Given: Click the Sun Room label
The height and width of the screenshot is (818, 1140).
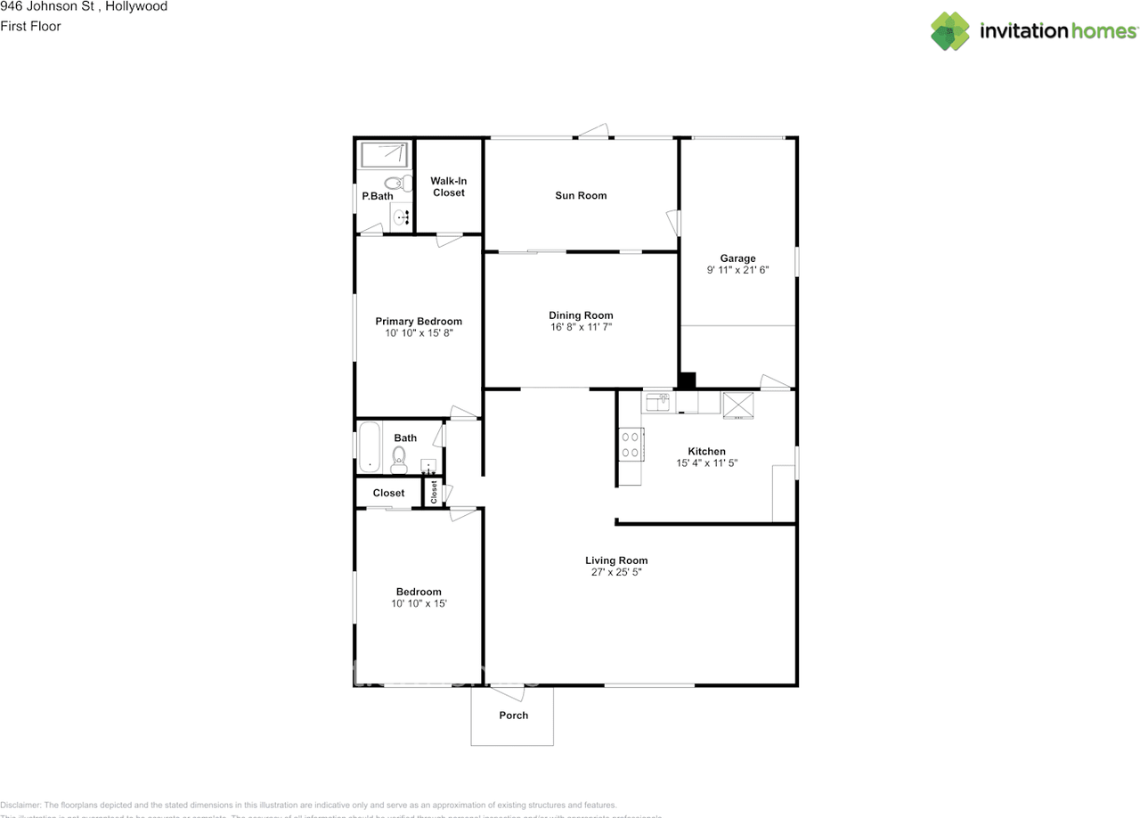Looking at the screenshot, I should [x=581, y=196].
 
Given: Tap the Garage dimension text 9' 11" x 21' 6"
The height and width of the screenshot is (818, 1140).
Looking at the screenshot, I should [x=737, y=271].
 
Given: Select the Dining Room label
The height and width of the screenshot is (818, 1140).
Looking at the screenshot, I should [x=581, y=315].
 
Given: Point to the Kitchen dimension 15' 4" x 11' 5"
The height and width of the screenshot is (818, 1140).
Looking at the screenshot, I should [x=706, y=463].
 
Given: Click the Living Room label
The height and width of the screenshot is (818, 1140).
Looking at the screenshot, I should [x=616, y=560].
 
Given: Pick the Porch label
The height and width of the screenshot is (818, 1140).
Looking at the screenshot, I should [x=513, y=716].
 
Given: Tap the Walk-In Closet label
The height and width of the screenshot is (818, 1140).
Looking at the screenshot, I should [x=449, y=187].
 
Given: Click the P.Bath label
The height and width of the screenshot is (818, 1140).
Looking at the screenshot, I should [x=378, y=196].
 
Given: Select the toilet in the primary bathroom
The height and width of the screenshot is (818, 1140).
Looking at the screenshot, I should [x=405, y=184].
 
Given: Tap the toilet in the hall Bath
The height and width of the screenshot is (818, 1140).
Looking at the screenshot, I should [x=399, y=460].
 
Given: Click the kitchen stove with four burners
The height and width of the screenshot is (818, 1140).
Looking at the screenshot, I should [x=631, y=444].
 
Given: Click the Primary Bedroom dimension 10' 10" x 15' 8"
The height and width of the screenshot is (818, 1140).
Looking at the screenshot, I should [x=419, y=333].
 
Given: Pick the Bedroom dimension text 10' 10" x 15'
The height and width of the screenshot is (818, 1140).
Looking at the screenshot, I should [x=419, y=604].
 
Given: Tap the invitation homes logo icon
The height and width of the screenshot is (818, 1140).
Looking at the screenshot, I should [x=951, y=30].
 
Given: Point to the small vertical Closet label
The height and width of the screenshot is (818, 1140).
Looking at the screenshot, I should [x=435, y=492].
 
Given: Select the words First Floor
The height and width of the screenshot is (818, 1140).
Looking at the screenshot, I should [x=31, y=27].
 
